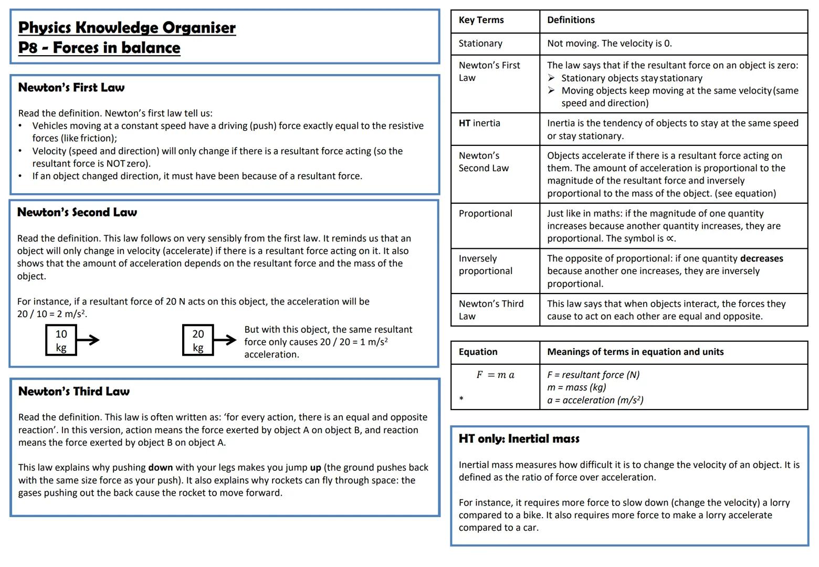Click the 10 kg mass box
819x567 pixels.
[61, 340]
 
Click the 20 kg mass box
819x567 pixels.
[198, 340]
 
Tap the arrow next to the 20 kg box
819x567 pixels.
[225, 340]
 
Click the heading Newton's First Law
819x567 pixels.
[71, 88]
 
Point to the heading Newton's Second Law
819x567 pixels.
[77, 213]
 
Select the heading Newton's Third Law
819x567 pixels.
[74, 392]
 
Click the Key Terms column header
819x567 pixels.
[481, 20]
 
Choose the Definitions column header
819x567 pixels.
[571, 20]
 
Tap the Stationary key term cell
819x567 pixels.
[480, 44]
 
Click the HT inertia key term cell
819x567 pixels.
[479, 123]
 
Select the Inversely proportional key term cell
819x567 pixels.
[485, 265]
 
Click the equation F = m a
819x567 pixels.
[495, 375]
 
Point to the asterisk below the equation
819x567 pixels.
[461, 399]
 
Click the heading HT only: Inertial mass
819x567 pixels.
[519, 439]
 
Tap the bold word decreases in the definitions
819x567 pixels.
[761, 258]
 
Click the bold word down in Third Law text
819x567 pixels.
[160, 467]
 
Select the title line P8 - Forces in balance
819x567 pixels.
[99, 48]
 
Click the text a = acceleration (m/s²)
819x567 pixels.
[595, 400]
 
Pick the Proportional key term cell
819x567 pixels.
[485, 214]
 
